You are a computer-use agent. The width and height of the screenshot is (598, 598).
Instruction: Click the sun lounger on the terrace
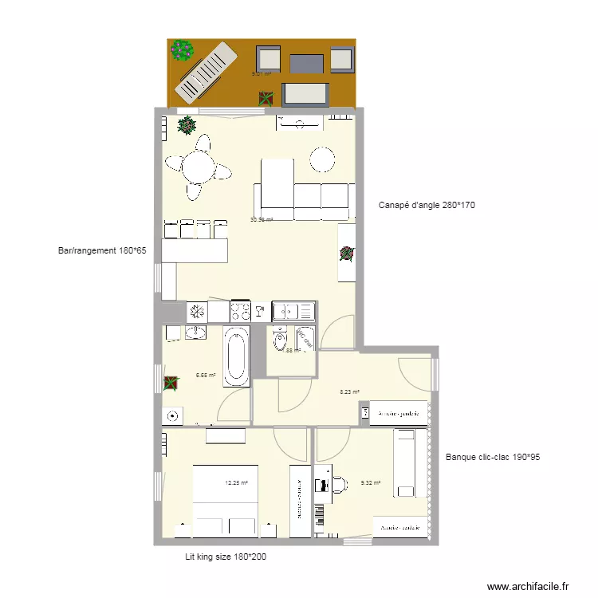coord(206,70)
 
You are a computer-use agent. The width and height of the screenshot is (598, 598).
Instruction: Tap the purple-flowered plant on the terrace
coord(183,50)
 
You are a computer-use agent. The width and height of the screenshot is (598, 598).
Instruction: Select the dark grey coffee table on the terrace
coord(307,62)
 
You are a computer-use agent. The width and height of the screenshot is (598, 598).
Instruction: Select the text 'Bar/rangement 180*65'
coord(102,250)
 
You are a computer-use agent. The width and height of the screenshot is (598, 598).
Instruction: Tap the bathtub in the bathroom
coord(236,357)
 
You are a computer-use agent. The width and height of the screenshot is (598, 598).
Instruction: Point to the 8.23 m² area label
coord(349,391)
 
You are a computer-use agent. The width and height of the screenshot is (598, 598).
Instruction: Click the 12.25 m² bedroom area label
coord(236,482)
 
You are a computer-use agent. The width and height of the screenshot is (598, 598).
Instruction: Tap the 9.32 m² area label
coord(371,482)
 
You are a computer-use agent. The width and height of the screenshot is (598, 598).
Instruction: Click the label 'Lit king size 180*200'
coord(226,557)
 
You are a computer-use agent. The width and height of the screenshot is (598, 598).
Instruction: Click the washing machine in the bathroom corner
coord(172,415)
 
